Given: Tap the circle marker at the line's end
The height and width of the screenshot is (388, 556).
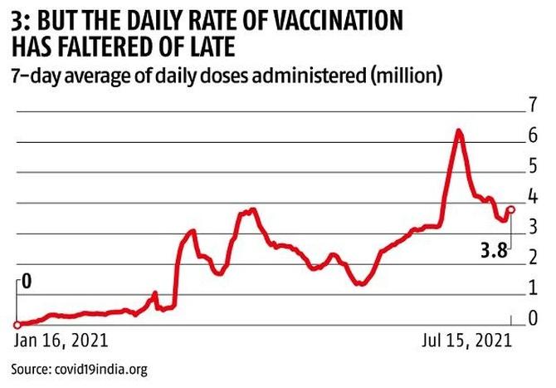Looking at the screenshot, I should pos(511,209).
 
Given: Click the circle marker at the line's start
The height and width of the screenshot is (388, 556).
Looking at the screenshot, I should pos(17,325).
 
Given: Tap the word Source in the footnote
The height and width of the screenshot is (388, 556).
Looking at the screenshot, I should pos(29,369).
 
